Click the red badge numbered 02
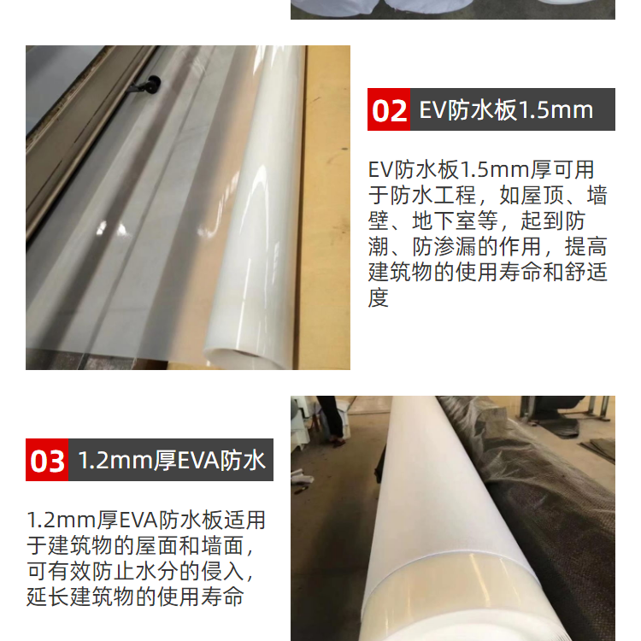[x=389, y=109]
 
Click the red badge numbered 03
[x=47, y=460]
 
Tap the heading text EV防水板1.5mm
[x=506, y=110]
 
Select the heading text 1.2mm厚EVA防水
[x=172, y=461]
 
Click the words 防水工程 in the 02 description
[x=433, y=195]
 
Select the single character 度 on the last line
[x=378, y=297]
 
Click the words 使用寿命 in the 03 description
[x=201, y=597]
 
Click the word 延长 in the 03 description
[x=48, y=597]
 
